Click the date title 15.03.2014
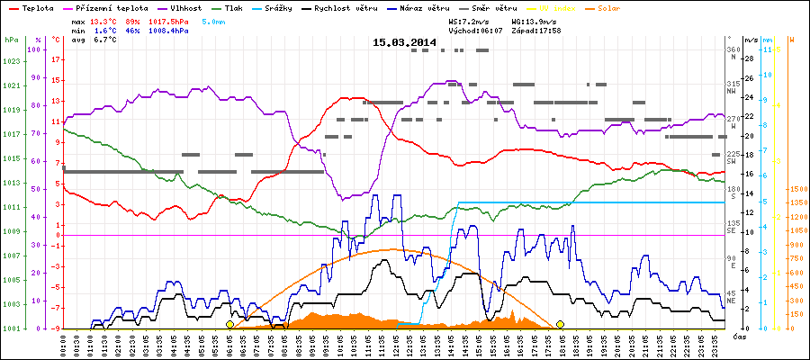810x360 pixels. [x=404, y=42]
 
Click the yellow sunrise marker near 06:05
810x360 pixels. [x=229, y=324]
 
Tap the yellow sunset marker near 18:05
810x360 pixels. [x=560, y=324]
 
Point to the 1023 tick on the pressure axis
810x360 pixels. [x=11, y=61]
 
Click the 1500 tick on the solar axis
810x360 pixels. [x=796, y=189]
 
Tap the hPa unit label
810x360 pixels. [x=11, y=40]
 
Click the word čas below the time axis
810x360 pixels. [x=738, y=337]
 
